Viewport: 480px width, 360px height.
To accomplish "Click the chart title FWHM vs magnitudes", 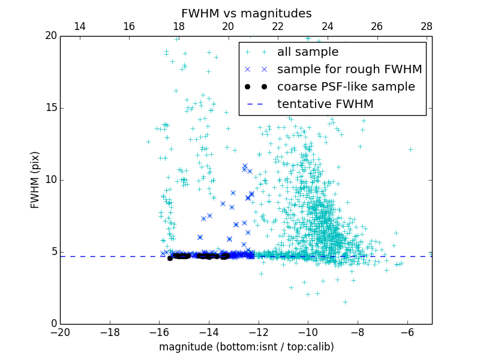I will (x=246, y=13).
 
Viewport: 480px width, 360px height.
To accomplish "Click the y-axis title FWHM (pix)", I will (x=35, y=180).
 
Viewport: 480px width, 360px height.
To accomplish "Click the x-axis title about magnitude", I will (x=246, y=347).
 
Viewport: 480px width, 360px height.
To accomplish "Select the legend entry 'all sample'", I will (x=308, y=52).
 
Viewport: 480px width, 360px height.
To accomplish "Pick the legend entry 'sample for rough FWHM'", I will (x=349, y=69).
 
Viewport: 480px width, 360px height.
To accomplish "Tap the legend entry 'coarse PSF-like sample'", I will (x=346, y=86).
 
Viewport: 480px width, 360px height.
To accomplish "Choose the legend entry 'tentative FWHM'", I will (x=325, y=104).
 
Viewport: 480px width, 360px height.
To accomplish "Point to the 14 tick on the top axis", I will (x=79, y=26).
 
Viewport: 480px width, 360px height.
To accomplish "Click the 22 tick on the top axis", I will (x=278, y=26).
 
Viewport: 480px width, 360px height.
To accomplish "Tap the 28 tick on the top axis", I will (x=427, y=26).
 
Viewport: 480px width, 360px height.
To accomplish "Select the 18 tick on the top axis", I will (x=179, y=26).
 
